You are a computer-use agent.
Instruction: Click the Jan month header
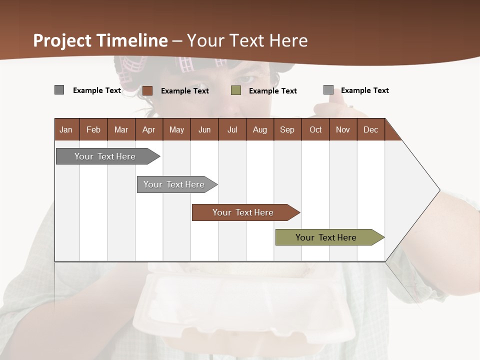pos(66,129)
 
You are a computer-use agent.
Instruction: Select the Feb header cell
pos(93,129)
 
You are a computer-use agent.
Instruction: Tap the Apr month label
pos(149,129)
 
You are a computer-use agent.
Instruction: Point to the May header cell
pos(176,129)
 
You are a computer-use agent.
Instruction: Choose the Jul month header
pos(232,129)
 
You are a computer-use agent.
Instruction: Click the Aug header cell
pos(260,129)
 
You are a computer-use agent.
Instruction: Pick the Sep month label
pos(287,129)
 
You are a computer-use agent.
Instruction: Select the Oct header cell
pos(315,129)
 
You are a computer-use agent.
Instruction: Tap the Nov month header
pos(343,129)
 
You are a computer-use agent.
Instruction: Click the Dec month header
pos(371,129)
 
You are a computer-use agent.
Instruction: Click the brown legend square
pos(147,90)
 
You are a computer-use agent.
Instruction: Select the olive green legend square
pos(236,90)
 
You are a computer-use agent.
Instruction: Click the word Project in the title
pos(63,40)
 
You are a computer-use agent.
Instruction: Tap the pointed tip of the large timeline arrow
pos(438,190)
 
